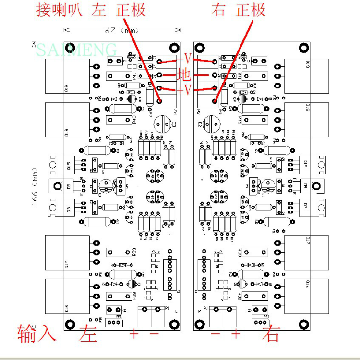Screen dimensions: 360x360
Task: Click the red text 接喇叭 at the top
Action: [62, 10]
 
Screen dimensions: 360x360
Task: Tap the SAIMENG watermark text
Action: [77, 49]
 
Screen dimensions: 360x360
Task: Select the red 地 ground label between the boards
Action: [184, 75]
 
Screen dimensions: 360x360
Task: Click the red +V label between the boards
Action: [184, 90]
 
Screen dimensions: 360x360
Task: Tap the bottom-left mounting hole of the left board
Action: [69, 323]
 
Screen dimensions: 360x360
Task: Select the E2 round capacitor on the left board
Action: [162, 124]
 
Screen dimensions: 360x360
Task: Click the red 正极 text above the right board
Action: [251, 10]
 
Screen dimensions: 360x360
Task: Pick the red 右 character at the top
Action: [218, 10]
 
